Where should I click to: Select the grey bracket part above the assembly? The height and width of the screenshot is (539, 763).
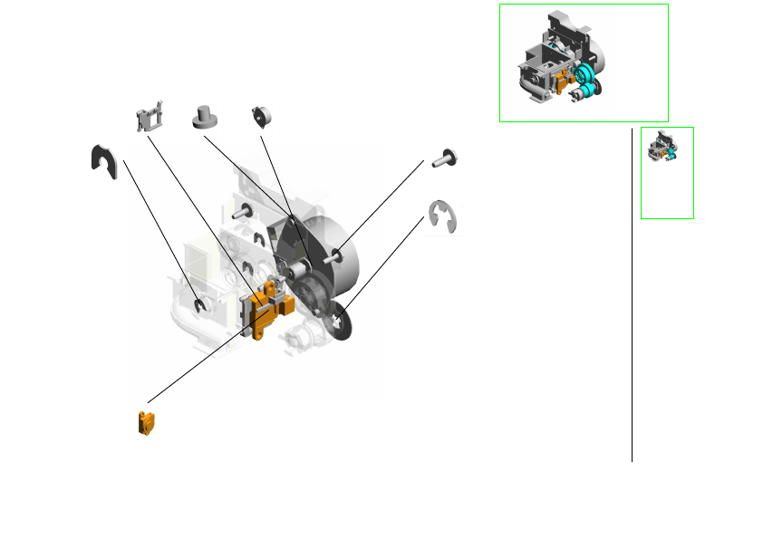coord(150,118)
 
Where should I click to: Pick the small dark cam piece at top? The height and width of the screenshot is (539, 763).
coord(263,117)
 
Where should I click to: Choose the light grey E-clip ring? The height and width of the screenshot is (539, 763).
coord(443,218)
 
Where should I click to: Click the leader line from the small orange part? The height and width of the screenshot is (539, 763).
coord(195,367)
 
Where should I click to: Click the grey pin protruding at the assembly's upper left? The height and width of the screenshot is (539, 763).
coord(241,214)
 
